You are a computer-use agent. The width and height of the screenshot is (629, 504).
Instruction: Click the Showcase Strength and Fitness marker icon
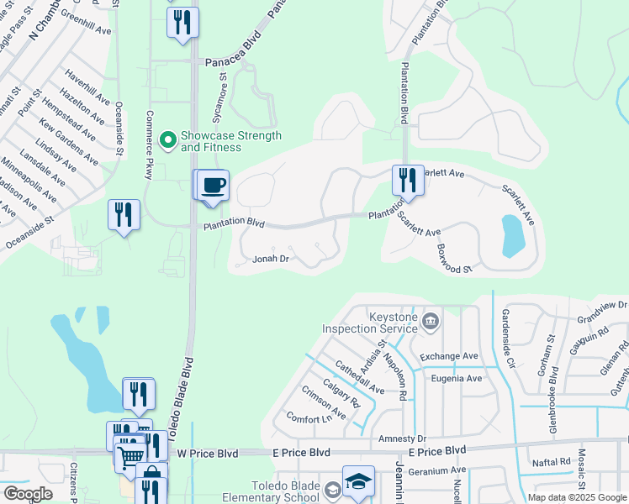(168, 139)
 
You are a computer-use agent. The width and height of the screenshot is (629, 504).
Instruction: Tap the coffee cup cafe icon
(214, 184)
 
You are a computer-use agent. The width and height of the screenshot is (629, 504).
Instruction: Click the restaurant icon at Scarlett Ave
(408, 179)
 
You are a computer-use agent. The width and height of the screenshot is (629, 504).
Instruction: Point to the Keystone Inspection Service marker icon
(431, 319)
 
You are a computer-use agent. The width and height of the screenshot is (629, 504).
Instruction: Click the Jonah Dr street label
(271, 260)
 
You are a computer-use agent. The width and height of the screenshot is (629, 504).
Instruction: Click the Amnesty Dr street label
(403, 438)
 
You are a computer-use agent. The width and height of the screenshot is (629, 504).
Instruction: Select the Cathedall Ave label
(359, 378)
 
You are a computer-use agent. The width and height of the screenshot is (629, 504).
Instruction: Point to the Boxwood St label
(455, 259)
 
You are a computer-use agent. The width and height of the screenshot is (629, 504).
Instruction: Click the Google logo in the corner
(28, 494)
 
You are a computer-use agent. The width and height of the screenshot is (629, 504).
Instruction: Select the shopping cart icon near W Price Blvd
(130, 457)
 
